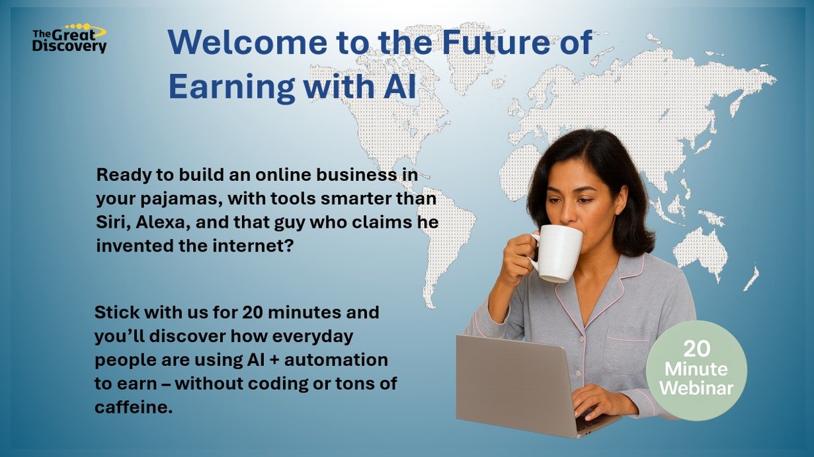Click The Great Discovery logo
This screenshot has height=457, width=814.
pos(69,39)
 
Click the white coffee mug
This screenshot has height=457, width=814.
pos(558,253)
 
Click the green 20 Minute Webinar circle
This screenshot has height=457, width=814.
pos(696,370)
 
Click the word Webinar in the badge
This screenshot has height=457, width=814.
pos(696,388)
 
